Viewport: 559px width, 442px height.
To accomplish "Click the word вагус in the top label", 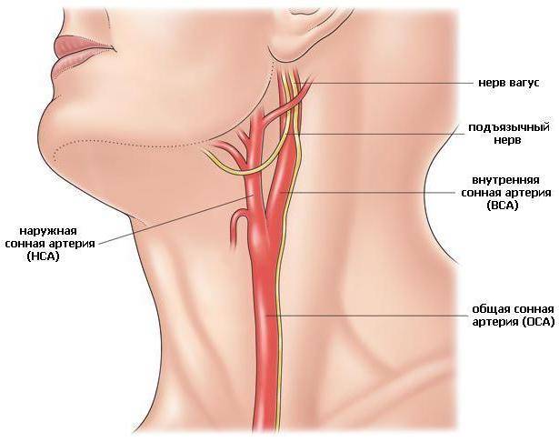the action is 523,83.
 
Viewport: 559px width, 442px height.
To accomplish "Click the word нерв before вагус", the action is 491,83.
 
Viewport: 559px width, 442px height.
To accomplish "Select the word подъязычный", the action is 509,127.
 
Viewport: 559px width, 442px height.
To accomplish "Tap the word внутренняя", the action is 505,180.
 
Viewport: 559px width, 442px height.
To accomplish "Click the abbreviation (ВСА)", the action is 502,206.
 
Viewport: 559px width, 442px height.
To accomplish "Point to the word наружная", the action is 48,232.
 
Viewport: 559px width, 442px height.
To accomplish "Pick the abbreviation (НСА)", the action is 43,256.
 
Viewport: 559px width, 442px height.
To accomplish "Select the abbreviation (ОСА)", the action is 538,322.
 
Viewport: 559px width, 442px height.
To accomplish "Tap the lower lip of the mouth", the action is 73,61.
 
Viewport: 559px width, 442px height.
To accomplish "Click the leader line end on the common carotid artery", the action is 266,316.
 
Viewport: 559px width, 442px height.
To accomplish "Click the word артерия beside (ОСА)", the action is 494,322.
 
